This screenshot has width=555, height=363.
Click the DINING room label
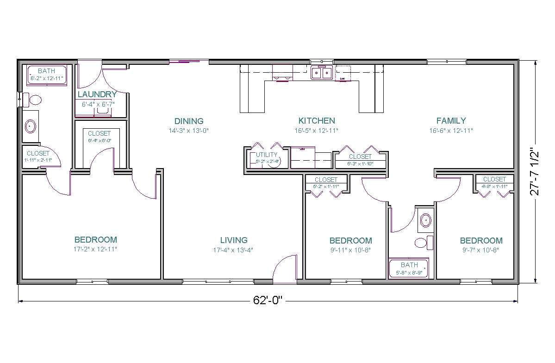pos(189,121)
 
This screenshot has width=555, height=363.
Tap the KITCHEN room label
pos(317,121)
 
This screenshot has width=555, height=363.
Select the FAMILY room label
pos(451,121)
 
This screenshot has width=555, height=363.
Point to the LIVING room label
pos(234,240)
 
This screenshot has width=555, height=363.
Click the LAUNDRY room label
pos(97,94)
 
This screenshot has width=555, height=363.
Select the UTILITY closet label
pos(267,155)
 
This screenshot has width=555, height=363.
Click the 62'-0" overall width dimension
pos(268,300)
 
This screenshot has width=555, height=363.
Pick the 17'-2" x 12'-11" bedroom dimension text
pos(96,249)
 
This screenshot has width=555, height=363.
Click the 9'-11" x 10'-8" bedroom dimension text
pos(350,250)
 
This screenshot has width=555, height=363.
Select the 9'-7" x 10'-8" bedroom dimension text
pos(481,250)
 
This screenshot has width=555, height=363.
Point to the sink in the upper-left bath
pos(31,125)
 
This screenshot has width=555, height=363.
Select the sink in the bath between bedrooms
pos(425,221)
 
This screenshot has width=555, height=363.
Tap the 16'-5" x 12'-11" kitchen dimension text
pos(317,131)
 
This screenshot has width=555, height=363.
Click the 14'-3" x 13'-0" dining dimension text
pos(189,131)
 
